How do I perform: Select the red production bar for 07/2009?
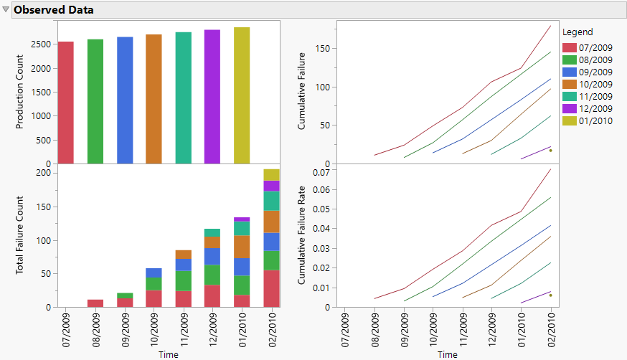coord(66,103)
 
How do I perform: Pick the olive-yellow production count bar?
coord(242,95)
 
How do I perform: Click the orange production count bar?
coord(154,99)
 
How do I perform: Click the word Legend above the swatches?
coord(577,32)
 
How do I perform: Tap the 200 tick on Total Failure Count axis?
coord(44,173)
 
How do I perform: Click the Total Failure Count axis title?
coord(20,236)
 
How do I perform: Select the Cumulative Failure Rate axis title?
coord(301,236)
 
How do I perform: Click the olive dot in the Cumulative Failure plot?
coord(550,150)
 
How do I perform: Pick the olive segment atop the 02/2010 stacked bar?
coord(271,174)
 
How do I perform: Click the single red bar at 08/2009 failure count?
coord(95,303)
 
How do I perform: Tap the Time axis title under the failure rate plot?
coord(447,354)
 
